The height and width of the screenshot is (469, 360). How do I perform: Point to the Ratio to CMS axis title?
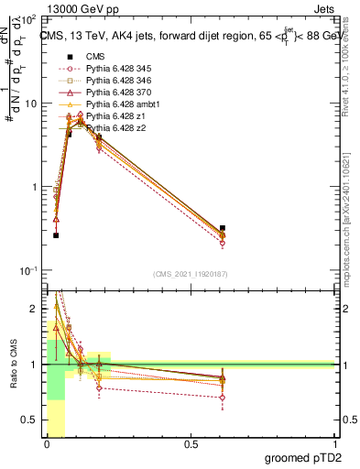tap(12, 366)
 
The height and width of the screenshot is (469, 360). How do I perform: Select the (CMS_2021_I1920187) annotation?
tap(190, 274)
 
